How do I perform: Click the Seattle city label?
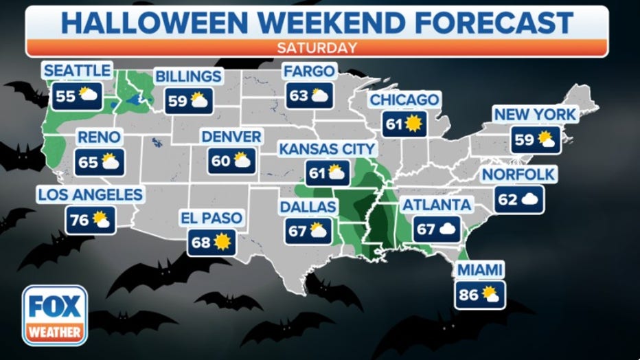click(x=76, y=70)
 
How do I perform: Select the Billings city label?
click(x=187, y=76)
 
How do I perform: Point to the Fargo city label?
click(x=308, y=71)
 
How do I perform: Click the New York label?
click(x=535, y=115)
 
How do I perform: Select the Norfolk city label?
click(x=518, y=175)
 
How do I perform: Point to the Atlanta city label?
click(x=437, y=205)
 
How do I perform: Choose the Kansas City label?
click(x=327, y=148)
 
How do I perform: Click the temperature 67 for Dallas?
click(x=297, y=231)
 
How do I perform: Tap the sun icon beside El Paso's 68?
click(x=222, y=243)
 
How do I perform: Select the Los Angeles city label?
click(x=90, y=194)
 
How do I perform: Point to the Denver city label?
click(x=231, y=137)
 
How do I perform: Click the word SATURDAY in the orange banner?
click(x=317, y=47)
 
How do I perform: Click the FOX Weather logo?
click(x=55, y=315)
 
